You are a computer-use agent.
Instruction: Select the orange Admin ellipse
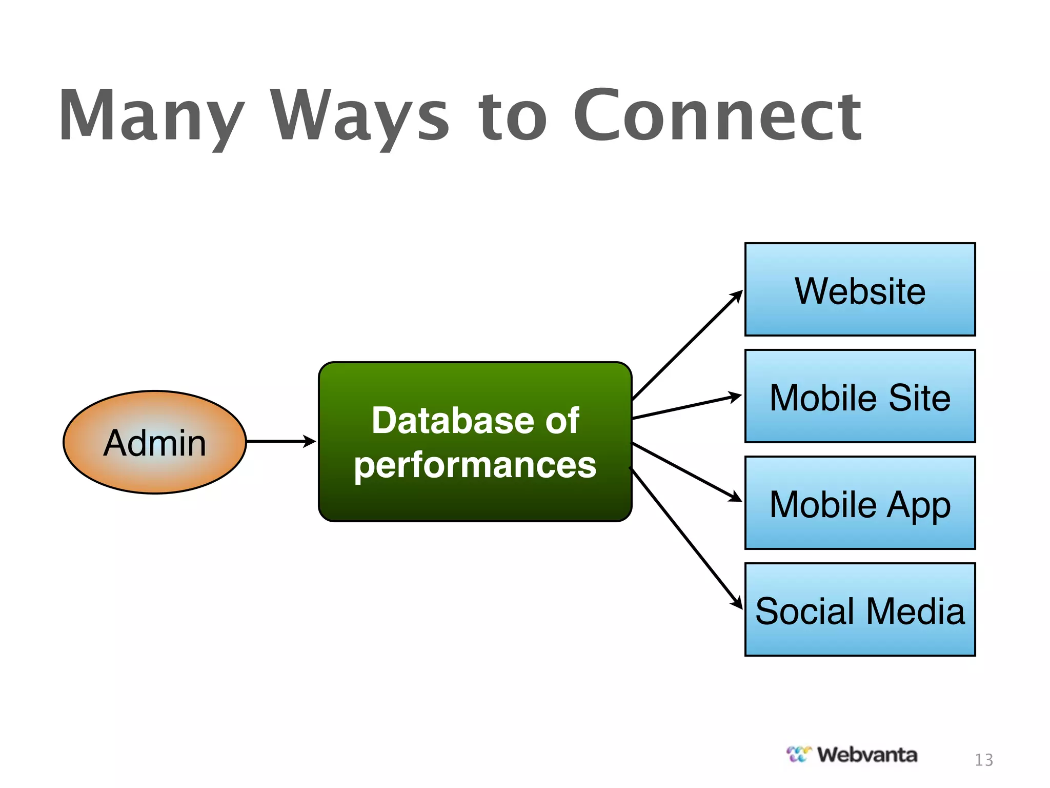tap(154, 442)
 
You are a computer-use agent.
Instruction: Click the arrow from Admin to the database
tap(279, 441)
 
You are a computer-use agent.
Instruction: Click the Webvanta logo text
tap(867, 755)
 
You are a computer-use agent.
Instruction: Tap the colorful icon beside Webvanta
tap(799, 754)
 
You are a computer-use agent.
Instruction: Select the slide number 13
tap(983, 760)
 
